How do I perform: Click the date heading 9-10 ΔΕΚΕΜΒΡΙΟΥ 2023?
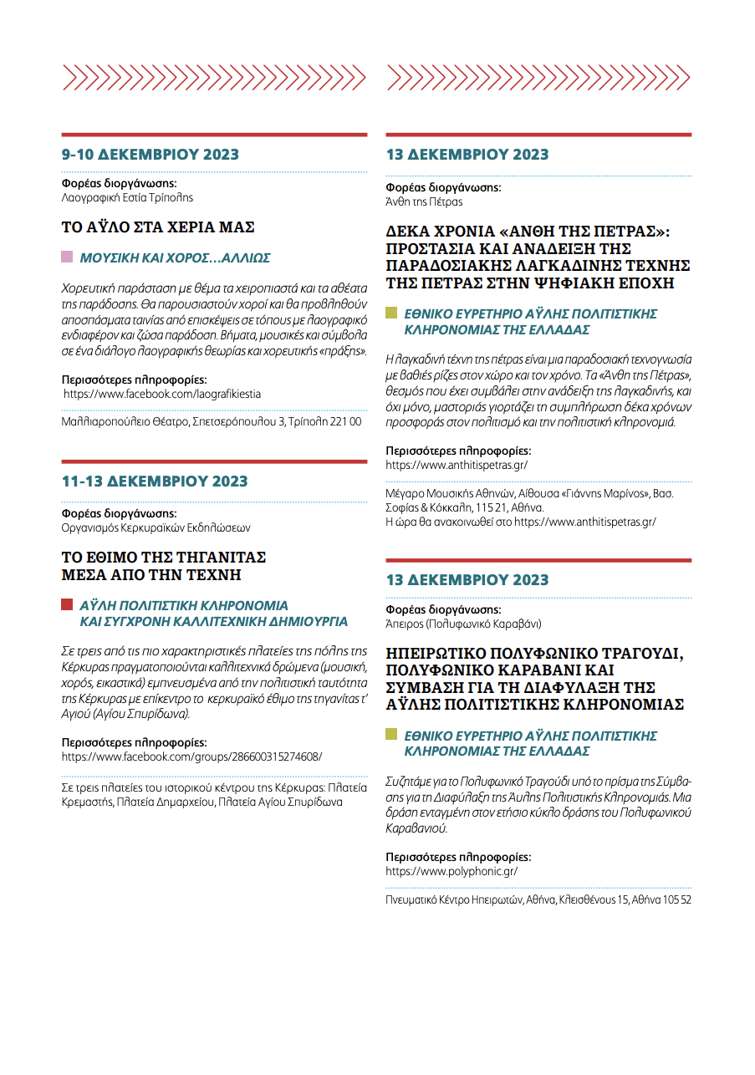[x=150, y=155]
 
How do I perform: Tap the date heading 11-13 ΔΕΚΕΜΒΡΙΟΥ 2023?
[x=155, y=481]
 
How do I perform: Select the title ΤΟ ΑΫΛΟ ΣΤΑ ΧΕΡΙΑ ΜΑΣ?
[x=158, y=227]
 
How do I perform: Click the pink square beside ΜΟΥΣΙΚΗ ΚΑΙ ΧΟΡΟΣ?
[x=67, y=257]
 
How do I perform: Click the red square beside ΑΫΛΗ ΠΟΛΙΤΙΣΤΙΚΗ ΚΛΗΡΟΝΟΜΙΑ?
[x=67, y=604]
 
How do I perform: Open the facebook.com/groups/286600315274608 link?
[x=191, y=757]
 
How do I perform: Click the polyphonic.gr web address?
[x=451, y=871]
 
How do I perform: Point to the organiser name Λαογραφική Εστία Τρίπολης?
[x=127, y=198]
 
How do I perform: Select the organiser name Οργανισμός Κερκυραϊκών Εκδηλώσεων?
[x=156, y=527]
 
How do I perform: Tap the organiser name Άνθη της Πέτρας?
[x=424, y=201]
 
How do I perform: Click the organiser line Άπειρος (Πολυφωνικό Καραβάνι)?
[x=463, y=624]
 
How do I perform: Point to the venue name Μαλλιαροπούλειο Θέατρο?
[x=125, y=422]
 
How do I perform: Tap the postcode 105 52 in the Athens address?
[x=675, y=900]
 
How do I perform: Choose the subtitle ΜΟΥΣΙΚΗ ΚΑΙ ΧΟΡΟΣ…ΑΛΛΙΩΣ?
[x=175, y=258]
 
